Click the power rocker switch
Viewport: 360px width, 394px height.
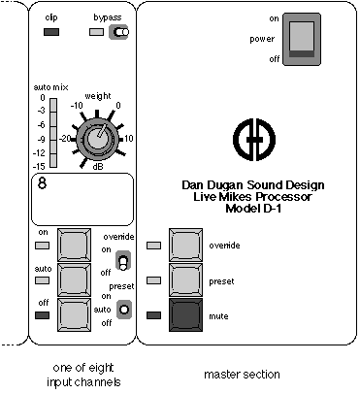tap(302, 40)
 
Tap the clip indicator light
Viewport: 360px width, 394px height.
tap(51, 32)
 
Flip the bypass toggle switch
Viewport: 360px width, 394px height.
tap(118, 32)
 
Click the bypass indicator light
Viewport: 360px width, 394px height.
tap(96, 32)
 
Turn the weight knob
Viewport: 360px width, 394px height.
tap(96, 139)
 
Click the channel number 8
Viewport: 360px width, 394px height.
tap(43, 183)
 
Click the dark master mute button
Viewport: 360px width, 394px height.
tap(185, 315)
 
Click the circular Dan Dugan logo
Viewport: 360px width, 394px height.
tap(254, 139)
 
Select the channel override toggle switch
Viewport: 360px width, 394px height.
tap(123, 260)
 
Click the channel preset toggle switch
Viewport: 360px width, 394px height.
tap(124, 310)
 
